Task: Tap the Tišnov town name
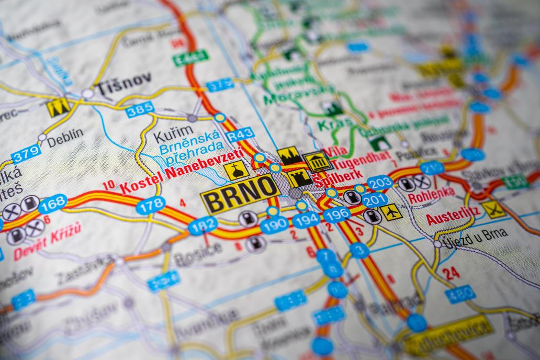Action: click(122, 80)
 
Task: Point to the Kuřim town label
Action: click(166, 137)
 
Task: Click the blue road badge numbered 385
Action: click(140, 109)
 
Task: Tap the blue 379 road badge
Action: click(26, 154)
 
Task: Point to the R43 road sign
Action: click(240, 134)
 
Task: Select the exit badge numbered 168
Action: click(52, 204)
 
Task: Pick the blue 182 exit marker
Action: click(203, 226)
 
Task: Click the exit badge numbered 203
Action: click(379, 183)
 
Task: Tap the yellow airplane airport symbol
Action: click(391, 211)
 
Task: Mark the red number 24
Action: click(451, 273)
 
